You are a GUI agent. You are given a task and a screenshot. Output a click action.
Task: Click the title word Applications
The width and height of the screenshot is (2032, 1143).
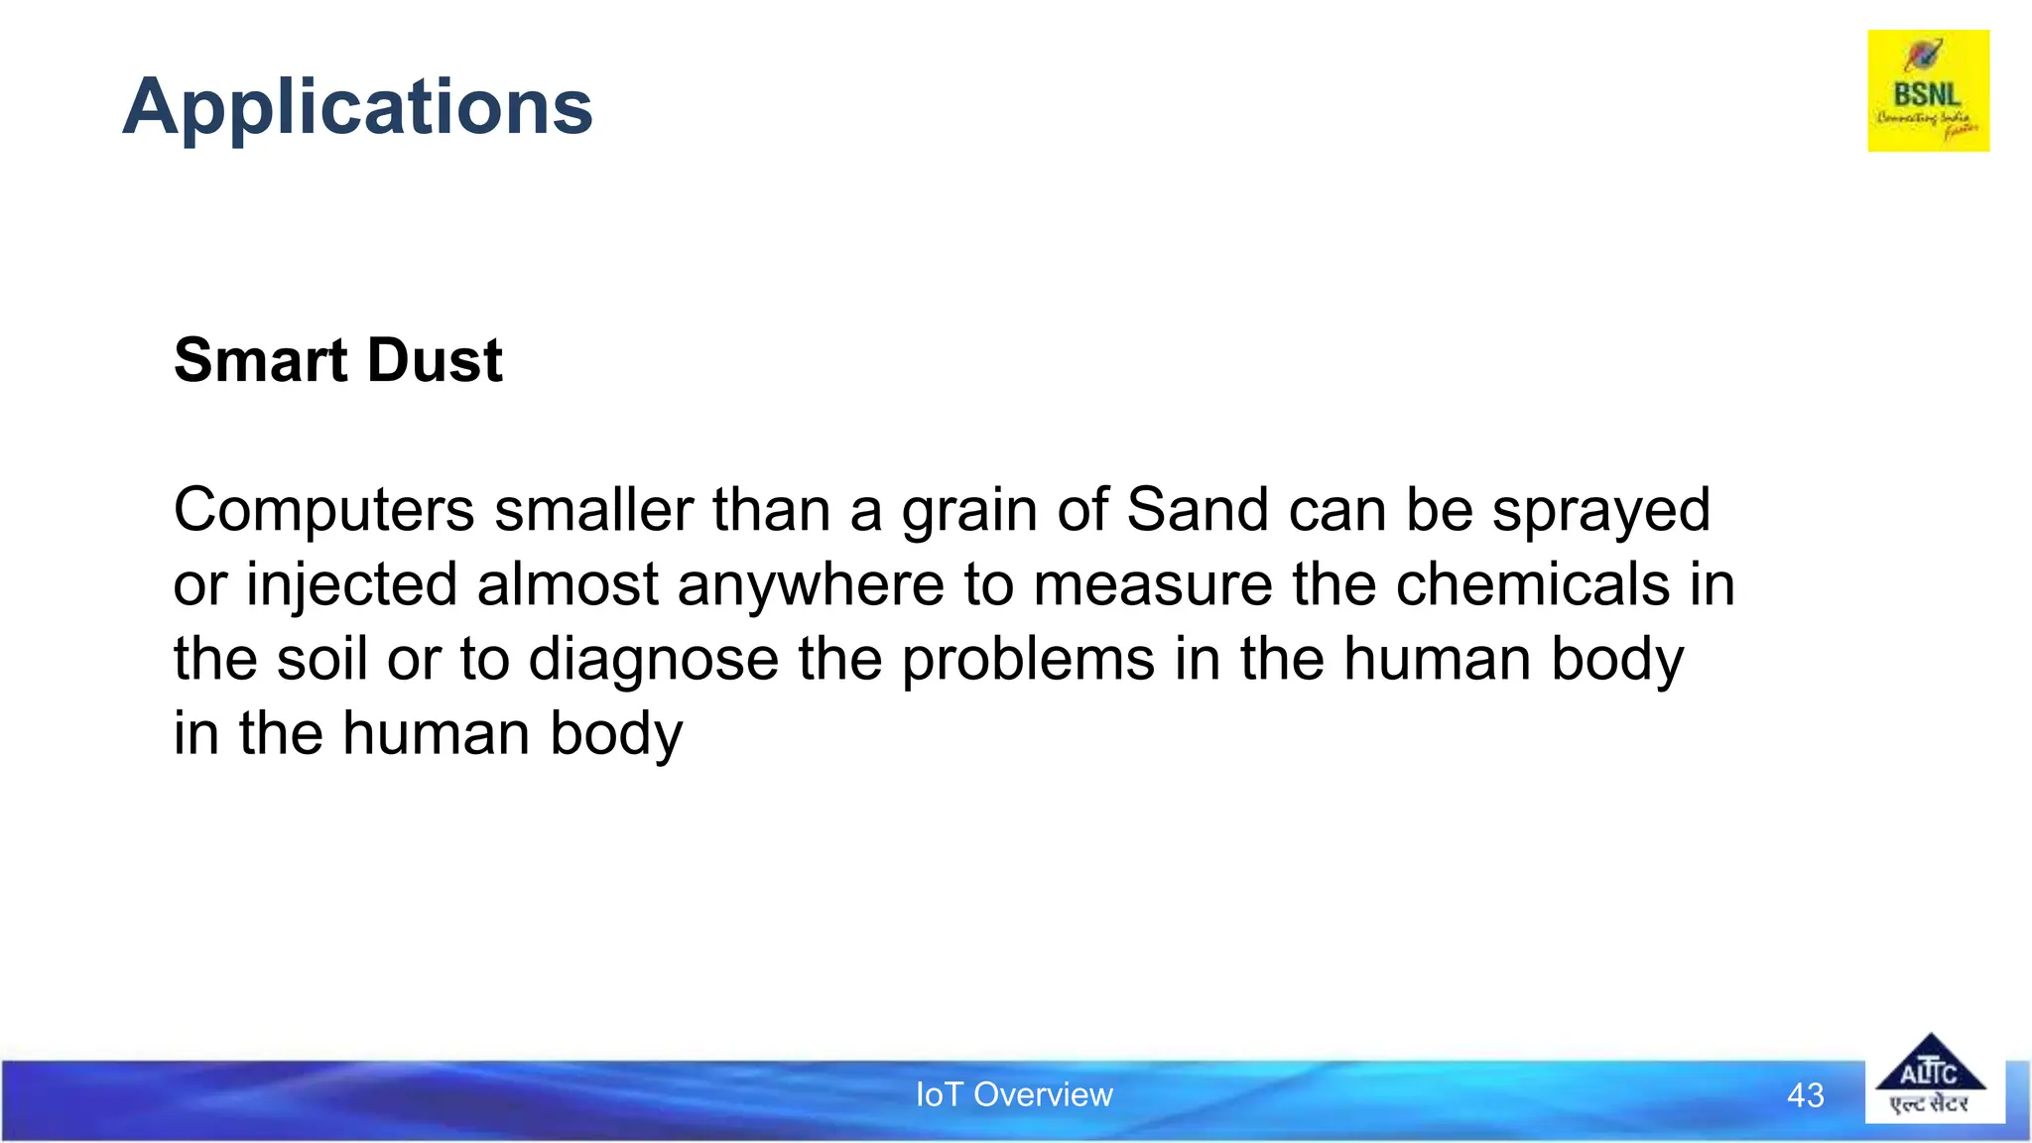(357, 107)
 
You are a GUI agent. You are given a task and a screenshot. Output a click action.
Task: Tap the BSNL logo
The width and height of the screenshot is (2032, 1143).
(1928, 91)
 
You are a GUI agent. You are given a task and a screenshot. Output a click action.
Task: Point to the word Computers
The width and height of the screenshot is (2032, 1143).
(324, 511)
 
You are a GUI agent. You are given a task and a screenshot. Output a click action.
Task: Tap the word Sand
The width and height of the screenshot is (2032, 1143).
(1198, 510)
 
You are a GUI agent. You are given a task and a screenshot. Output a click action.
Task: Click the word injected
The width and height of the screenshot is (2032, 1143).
(352, 585)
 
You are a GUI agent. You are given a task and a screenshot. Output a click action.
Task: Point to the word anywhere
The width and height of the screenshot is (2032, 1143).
(810, 585)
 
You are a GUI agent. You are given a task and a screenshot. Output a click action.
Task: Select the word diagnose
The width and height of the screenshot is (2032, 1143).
(654, 661)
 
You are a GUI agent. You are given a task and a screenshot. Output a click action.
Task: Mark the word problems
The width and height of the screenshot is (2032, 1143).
(1028, 660)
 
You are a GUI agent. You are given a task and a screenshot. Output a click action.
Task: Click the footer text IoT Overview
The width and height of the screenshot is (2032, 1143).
(1014, 1094)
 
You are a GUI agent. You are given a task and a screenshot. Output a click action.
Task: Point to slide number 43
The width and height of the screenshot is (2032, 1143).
(1805, 1095)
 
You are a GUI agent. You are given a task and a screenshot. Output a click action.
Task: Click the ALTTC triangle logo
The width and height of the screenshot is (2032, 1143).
(1930, 1077)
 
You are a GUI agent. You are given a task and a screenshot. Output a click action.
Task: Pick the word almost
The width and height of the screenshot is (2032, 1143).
(568, 584)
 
